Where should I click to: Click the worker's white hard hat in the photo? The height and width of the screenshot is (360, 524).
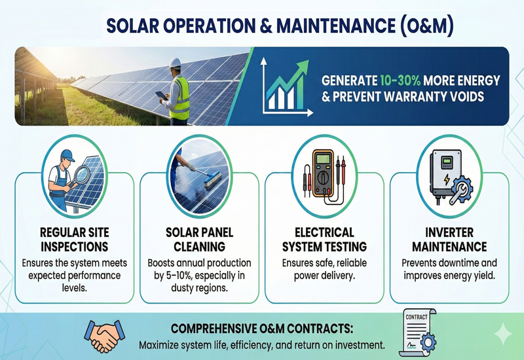(x=174, y=63)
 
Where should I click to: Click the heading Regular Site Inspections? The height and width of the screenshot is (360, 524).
(x=74, y=240)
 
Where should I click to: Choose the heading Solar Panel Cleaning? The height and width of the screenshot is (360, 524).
(x=199, y=240)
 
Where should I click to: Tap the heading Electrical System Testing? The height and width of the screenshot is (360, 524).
(x=324, y=240)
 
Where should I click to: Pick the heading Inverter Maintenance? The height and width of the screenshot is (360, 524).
(x=449, y=240)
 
